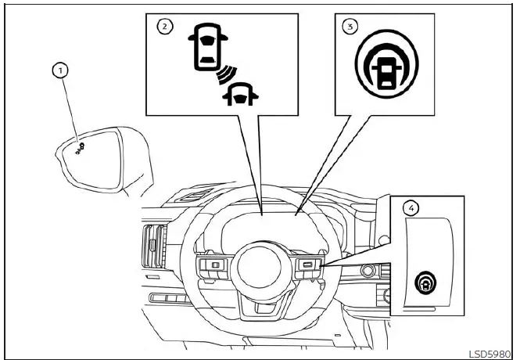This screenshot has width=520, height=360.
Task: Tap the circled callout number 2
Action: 164,26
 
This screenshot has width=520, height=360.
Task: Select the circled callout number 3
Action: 350,26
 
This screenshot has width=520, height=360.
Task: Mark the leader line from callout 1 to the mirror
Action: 71,110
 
